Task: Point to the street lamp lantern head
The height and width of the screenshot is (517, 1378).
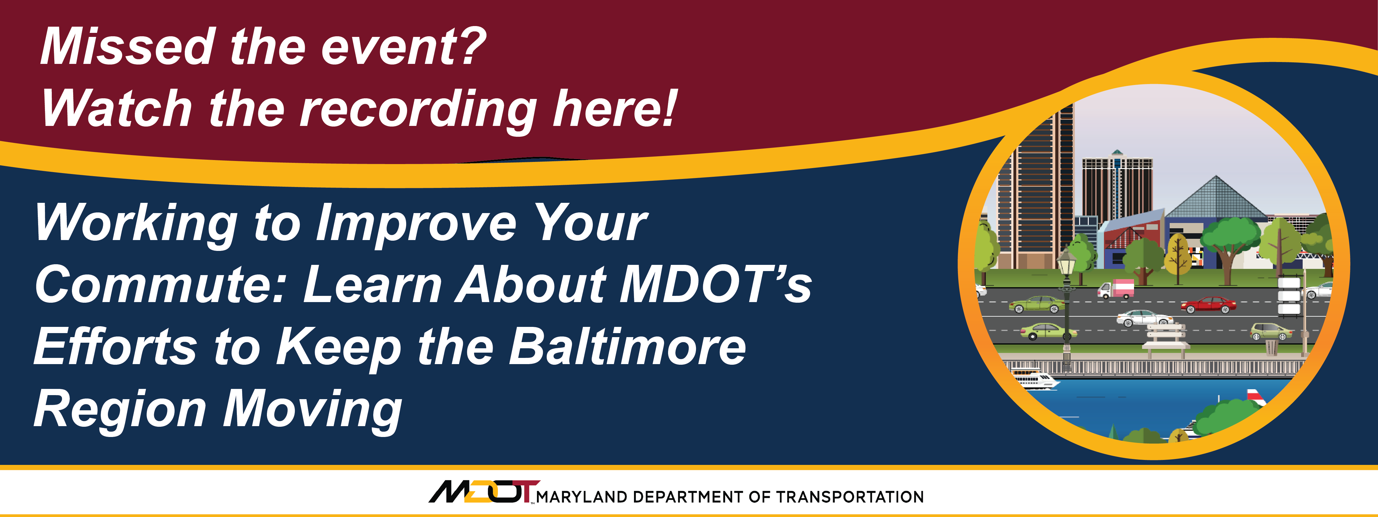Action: point(1067,261)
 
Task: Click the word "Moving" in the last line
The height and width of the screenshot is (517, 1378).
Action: point(313,410)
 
